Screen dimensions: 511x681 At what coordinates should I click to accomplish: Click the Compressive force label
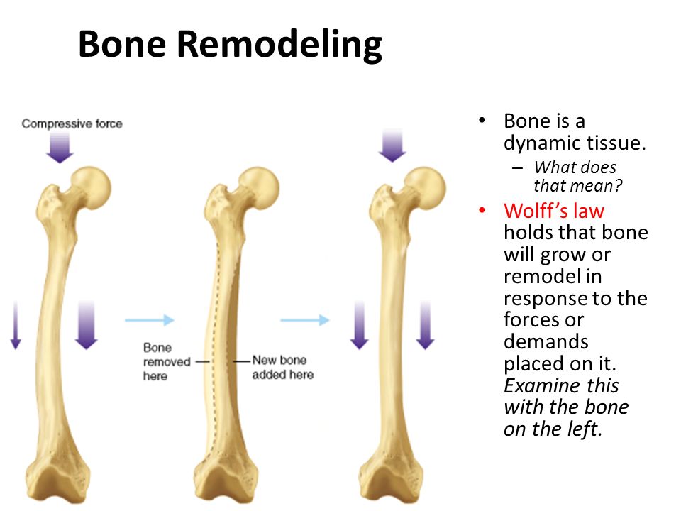(x=72, y=124)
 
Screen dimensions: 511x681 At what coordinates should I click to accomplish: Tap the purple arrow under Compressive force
(x=60, y=148)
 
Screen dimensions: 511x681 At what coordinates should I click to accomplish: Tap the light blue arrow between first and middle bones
(x=149, y=320)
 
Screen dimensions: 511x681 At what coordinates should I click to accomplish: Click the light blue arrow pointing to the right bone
(x=305, y=320)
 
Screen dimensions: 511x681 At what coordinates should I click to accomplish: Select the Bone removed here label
(x=166, y=361)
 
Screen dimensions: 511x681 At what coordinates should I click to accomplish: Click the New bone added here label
(x=282, y=367)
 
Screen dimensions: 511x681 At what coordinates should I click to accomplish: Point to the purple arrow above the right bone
(x=392, y=145)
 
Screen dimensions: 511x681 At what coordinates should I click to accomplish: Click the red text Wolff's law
(x=554, y=211)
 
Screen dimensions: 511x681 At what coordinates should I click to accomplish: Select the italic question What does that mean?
(x=577, y=177)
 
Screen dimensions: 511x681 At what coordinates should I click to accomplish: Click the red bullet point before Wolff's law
(x=483, y=211)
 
